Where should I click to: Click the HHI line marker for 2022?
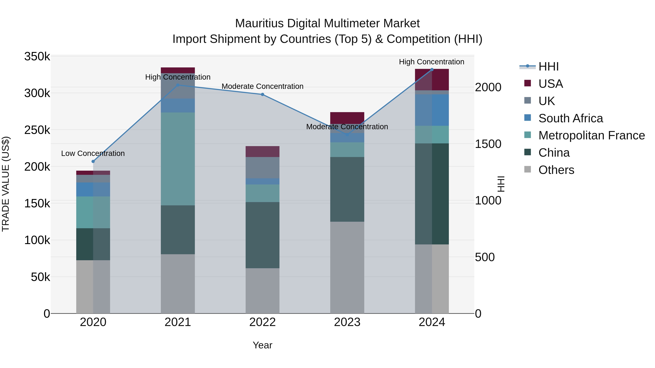pos(262,94)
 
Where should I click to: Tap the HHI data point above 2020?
pos(93,162)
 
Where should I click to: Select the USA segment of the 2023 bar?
pos(347,118)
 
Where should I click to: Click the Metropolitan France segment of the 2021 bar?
pos(178,159)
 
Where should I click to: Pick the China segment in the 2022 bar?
pos(262,235)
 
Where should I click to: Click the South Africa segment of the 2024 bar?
pos(432,110)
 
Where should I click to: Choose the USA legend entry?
pos(551,84)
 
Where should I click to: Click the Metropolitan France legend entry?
pos(592,135)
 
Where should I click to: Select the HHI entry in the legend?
pos(548,67)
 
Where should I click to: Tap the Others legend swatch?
pos(528,169)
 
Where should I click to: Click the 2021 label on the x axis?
pos(178,322)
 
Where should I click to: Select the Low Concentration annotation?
pos(93,153)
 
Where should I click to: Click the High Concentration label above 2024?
pos(432,62)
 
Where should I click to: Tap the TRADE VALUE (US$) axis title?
pos(6,184)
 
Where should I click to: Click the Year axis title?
pos(262,345)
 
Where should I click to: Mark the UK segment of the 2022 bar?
pos(262,168)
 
